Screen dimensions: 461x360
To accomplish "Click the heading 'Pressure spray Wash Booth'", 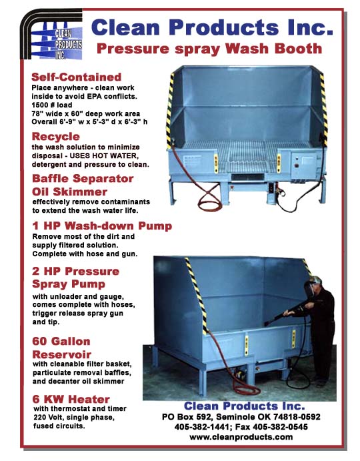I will [209, 49].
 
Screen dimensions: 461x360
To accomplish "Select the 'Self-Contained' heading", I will [77, 77].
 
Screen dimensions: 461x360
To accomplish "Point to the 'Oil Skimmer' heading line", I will [71, 191].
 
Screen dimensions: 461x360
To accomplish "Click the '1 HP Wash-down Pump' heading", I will [101, 226].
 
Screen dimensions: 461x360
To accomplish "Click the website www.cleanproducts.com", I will [241, 437].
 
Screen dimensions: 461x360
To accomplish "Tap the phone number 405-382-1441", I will [205, 426].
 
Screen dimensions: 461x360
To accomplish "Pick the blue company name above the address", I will [244, 405].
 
